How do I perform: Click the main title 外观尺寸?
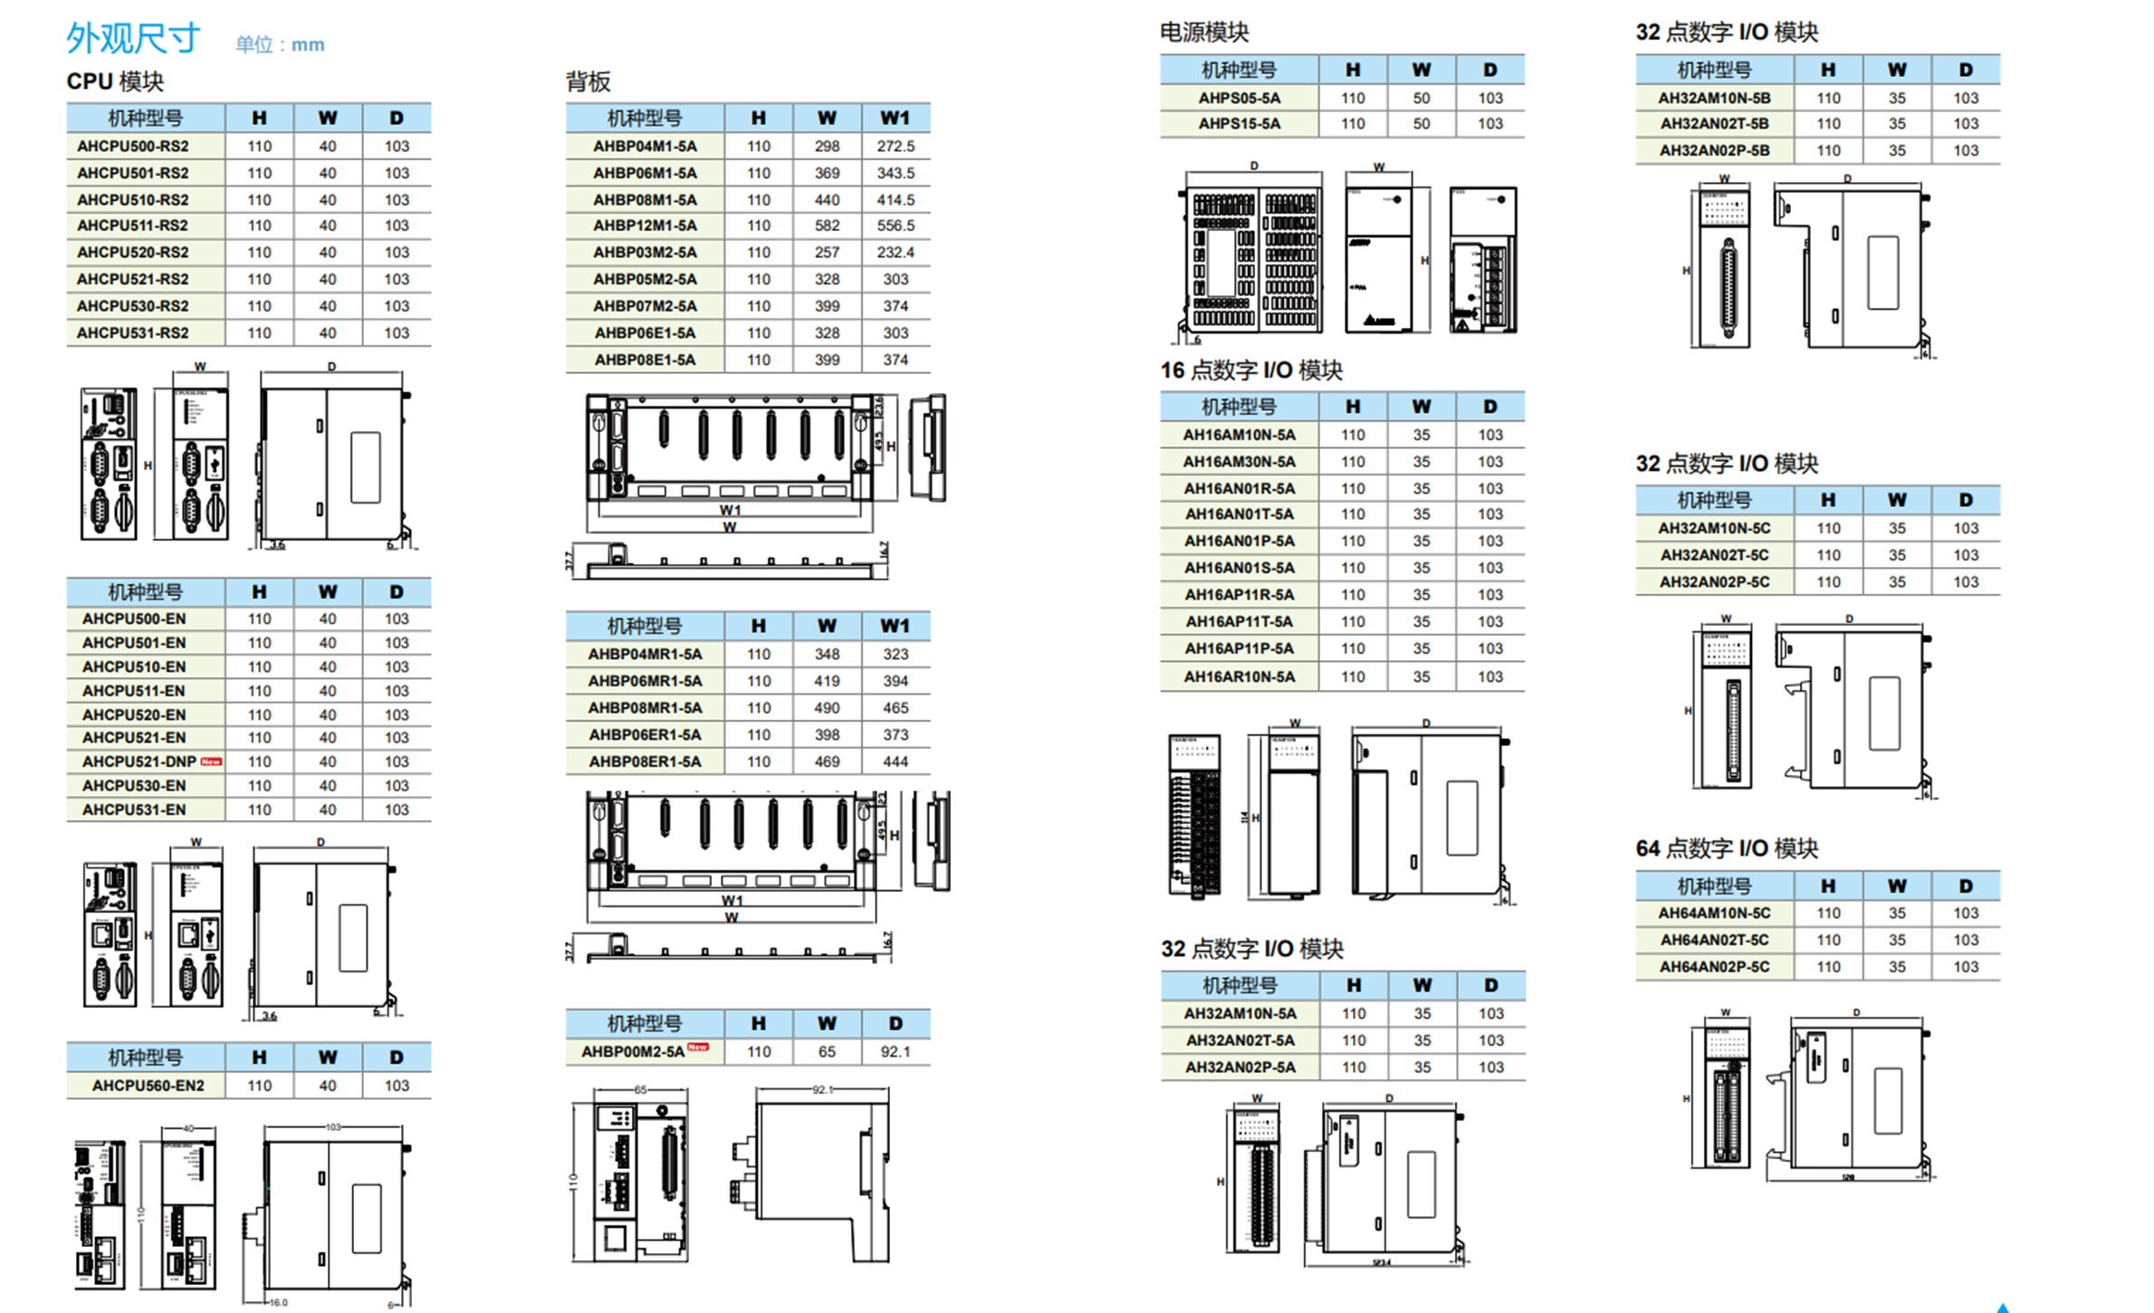point(133,38)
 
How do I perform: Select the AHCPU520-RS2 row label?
point(132,253)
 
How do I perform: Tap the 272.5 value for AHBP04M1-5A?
point(895,147)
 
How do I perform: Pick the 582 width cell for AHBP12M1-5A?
point(827,225)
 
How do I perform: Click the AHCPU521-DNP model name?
point(139,762)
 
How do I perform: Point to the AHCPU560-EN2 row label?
point(148,1086)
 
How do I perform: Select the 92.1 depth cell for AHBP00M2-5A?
point(895,1052)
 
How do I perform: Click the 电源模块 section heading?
point(1204,33)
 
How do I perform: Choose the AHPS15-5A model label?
point(1239,124)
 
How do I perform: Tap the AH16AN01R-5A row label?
point(1239,489)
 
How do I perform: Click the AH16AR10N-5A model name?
point(1239,677)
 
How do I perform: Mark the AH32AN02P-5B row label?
point(1714,151)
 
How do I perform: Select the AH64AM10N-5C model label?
point(1714,914)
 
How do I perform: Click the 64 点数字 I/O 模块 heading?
point(1727,848)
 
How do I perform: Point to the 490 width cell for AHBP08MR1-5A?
point(827,708)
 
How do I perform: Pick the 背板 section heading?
point(589,82)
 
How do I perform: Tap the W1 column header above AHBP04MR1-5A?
point(895,626)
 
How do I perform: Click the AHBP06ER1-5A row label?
point(645,735)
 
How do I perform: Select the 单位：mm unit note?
point(280,44)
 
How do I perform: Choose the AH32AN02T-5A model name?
point(1240,1041)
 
